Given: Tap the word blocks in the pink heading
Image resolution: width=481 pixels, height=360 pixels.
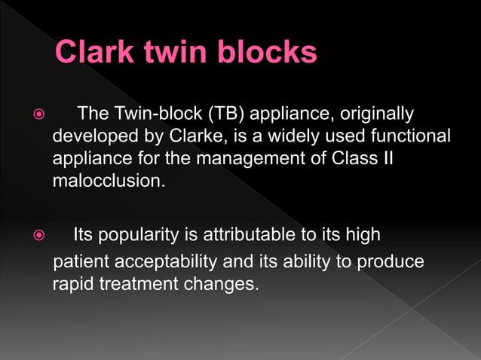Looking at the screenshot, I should pos(267,53).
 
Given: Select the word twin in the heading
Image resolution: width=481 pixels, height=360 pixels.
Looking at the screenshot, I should pos(178,53).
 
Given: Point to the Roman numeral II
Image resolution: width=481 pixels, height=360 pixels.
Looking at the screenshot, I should pos(386,159).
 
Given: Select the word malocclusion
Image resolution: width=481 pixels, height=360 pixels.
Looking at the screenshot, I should pos(107,182).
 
